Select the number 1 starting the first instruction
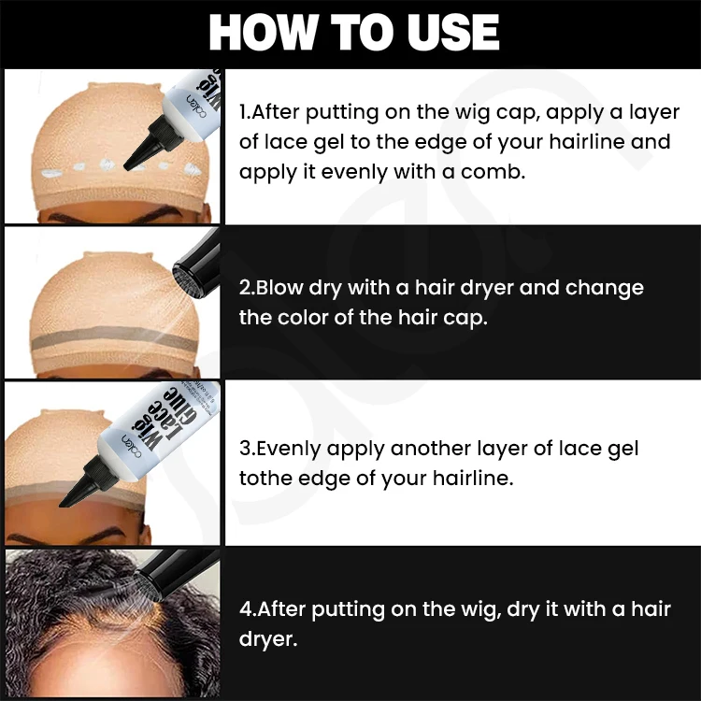tap(245, 112)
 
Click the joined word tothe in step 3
tap(267, 479)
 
